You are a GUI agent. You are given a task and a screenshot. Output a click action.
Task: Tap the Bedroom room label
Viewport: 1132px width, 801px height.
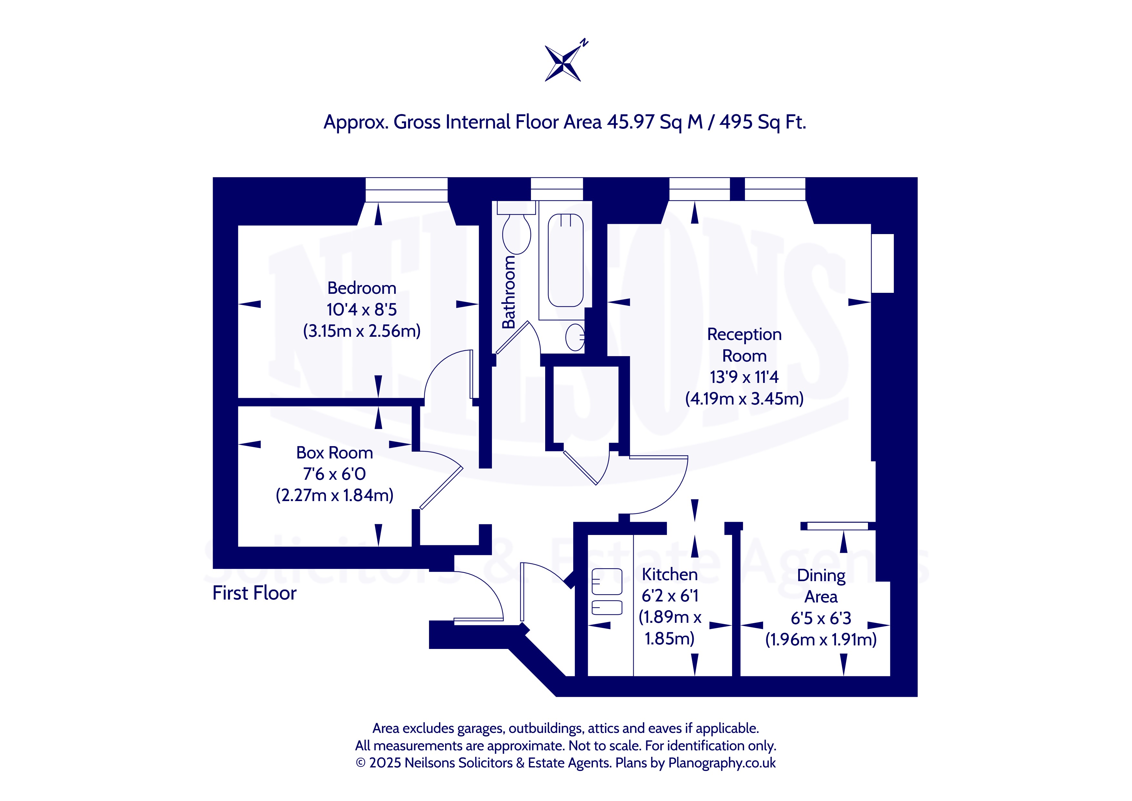tap(362, 288)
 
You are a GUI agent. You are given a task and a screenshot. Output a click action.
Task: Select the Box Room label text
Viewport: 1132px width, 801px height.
tap(334, 453)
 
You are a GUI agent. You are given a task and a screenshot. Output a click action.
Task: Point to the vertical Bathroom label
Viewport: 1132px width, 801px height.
tap(508, 292)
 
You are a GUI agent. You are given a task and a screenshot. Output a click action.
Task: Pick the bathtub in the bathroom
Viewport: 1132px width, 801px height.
tap(566, 261)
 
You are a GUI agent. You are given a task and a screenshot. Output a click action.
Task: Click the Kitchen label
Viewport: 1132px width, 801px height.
tap(669, 575)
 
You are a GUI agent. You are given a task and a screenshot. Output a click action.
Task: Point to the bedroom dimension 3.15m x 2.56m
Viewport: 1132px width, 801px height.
tap(362, 331)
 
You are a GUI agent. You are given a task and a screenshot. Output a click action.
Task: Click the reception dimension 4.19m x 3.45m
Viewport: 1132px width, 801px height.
tap(744, 398)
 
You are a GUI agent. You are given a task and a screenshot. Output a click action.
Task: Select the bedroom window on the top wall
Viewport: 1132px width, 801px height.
tap(406, 190)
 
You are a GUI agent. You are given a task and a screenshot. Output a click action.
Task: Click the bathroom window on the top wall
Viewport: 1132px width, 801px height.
tap(556, 189)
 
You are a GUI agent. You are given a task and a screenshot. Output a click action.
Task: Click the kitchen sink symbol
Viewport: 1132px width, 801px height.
tap(607, 591)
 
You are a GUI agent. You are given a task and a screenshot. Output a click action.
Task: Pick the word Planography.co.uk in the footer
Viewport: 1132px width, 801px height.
tap(722, 763)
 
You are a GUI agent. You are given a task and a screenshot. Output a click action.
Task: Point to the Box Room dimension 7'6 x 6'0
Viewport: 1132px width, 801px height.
tap(334, 474)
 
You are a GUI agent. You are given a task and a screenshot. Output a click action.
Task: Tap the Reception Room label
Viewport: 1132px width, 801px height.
tap(744, 345)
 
